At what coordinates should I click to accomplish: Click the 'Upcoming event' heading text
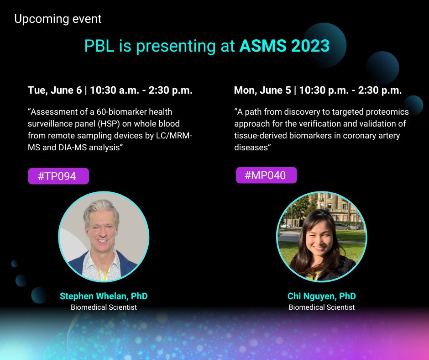click(x=58, y=19)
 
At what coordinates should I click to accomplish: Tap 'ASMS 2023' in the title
click(x=284, y=46)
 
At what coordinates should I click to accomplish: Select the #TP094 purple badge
click(x=58, y=176)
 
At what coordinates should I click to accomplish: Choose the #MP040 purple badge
click(x=266, y=175)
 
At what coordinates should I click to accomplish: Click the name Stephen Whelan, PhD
click(x=104, y=296)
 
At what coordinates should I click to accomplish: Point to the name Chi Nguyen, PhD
click(x=322, y=296)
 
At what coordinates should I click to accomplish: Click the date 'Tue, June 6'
click(x=55, y=90)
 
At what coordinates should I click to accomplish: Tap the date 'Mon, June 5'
click(x=262, y=90)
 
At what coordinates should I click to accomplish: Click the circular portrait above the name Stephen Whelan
click(x=104, y=237)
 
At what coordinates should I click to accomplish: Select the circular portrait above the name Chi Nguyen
click(x=322, y=237)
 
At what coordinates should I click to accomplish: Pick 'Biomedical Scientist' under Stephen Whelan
click(x=104, y=307)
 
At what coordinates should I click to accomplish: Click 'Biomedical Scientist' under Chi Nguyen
click(x=322, y=307)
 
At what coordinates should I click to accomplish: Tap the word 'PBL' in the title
click(x=99, y=46)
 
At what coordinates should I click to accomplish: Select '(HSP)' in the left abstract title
click(x=109, y=124)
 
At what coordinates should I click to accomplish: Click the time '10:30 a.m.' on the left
click(x=115, y=90)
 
